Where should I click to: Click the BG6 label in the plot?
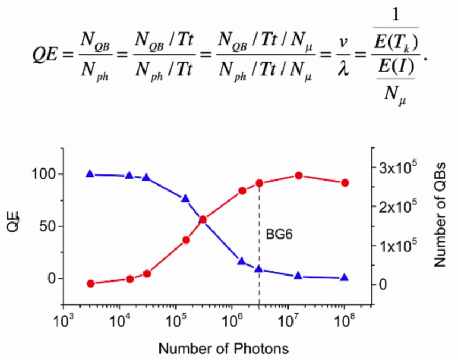[x=279, y=234]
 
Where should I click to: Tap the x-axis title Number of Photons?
[x=223, y=348]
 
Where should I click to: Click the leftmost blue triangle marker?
[x=90, y=174]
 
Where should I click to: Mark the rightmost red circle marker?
[x=345, y=183]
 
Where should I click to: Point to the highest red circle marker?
[x=299, y=176]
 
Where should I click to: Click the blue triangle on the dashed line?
[x=259, y=269]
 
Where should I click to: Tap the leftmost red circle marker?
[x=90, y=284]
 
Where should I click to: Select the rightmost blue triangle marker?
[x=345, y=277]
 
